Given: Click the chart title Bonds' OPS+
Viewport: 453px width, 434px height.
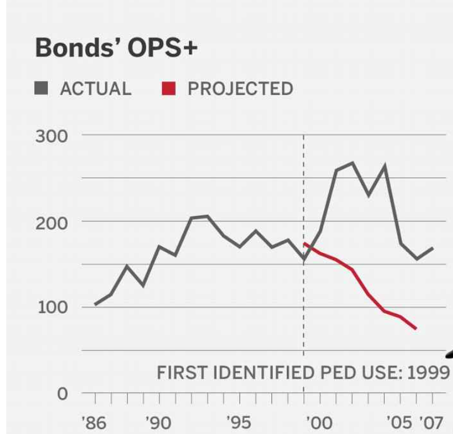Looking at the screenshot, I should pyautogui.click(x=116, y=49).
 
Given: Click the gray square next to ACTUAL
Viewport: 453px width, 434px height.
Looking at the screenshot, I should pyautogui.click(x=42, y=88).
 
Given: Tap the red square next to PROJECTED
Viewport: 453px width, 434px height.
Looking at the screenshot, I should pyautogui.click(x=169, y=88).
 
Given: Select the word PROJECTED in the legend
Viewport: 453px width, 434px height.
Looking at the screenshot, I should pyautogui.click(x=240, y=89).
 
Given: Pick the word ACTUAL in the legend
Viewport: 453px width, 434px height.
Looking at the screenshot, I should pyautogui.click(x=95, y=89).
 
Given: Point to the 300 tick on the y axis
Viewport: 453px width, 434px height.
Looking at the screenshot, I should pyautogui.click(x=52, y=137).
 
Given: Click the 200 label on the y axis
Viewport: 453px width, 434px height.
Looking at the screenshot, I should pyautogui.click(x=52, y=222).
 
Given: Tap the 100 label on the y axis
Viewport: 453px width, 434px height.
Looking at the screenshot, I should pyautogui.click(x=52, y=308).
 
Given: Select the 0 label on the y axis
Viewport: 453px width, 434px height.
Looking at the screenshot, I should pyautogui.click(x=62, y=394).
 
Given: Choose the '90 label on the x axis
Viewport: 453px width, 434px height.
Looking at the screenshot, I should pyautogui.click(x=158, y=423).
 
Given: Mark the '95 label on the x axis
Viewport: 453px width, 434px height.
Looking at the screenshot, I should pyautogui.click(x=238, y=423).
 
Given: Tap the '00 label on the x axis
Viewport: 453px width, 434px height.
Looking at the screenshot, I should pyautogui.click(x=318, y=423).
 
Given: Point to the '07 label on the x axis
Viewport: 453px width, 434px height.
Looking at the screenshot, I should pyautogui.click(x=431, y=423).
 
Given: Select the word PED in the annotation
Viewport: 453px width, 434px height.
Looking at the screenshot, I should pyautogui.click(x=331, y=374).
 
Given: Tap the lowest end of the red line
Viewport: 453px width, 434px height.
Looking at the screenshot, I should pyautogui.click(x=417, y=329).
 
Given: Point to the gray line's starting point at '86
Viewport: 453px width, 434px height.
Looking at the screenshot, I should pyautogui.click(x=94, y=304).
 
